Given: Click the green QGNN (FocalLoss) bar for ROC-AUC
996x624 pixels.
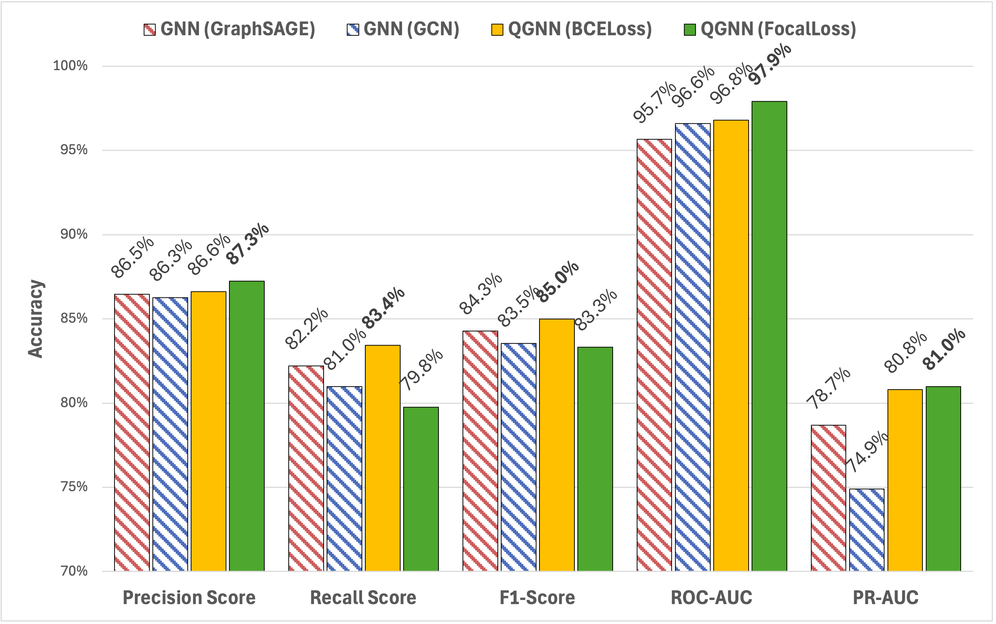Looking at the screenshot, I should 769,336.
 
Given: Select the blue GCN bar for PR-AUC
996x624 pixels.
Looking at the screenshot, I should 867,530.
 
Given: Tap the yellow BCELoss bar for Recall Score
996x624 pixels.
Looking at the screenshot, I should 383,458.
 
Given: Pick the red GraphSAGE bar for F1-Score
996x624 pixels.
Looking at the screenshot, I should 480,451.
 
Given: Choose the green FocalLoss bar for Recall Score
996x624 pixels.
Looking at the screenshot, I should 421,489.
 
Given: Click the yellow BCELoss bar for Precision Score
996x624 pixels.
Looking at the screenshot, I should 208,431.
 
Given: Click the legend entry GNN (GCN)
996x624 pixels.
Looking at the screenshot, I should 403,29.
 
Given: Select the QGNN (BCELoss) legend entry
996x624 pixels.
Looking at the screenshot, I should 571,29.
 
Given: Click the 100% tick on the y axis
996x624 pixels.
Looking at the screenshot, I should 70,66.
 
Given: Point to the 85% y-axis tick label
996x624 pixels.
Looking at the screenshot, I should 74,319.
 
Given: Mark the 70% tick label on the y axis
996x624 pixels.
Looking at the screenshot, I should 74,571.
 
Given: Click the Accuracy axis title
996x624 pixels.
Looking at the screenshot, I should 36,318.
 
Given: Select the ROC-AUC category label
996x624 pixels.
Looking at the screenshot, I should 711,598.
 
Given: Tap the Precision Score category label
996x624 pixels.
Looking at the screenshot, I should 189,598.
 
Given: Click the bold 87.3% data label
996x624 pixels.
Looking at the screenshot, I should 248,244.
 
